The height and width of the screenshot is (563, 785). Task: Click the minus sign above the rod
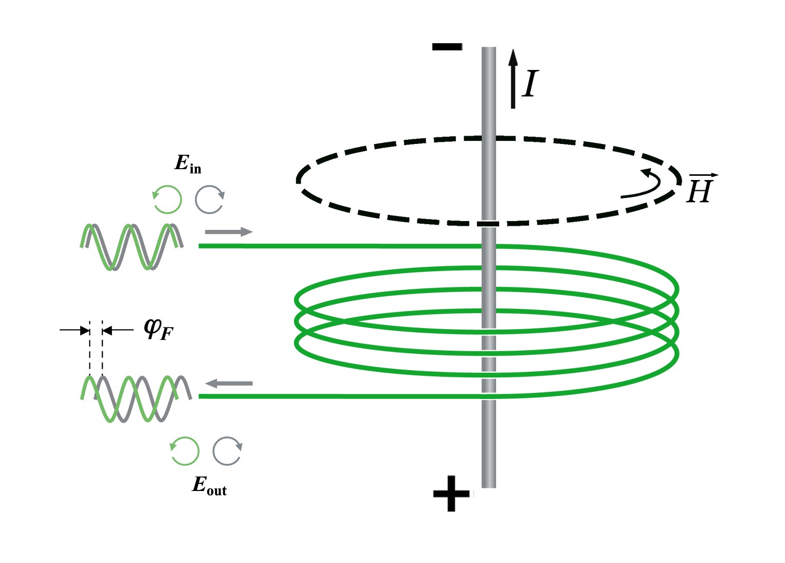tap(447, 47)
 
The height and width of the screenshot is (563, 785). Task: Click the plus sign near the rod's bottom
tap(451, 494)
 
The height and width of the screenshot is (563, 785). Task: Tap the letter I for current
tap(530, 84)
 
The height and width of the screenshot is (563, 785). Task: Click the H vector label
tap(700, 188)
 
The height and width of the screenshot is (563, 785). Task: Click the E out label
tap(209, 485)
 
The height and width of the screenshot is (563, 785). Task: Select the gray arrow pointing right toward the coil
tap(229, 232)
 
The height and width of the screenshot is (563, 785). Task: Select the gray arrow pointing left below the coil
tap(229, 383)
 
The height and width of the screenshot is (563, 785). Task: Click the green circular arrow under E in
tap(168, 199)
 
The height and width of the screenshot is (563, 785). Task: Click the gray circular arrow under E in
tap(210, 199)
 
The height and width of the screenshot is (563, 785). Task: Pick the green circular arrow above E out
tap(185, 451)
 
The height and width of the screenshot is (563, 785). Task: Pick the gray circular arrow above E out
tap(228, 451)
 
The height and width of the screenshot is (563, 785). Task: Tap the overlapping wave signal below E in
tap(131, 247)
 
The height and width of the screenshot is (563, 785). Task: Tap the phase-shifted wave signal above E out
tap(136, 398)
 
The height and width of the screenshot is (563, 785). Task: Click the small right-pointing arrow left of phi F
tap(75, 330)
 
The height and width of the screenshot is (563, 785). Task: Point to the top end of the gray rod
tap(489, 49)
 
